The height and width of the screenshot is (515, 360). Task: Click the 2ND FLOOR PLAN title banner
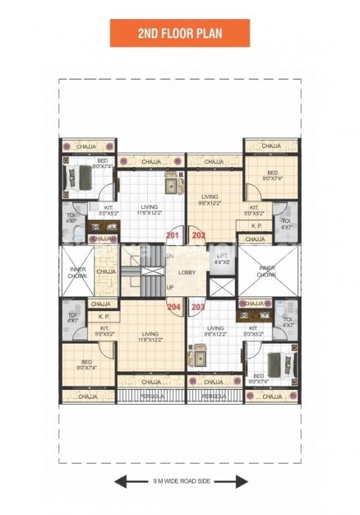tap(180, 33)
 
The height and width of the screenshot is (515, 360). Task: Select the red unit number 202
tap(198, 236)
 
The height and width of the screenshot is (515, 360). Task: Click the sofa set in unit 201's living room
tap(173, 182)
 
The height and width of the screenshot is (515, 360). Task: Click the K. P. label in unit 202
tap(257, 226)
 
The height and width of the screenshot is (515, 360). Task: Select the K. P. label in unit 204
tap(104, 316)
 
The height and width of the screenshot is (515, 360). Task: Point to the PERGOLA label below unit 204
tap(151, 396)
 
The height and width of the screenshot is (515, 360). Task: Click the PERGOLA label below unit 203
tap(214, 396)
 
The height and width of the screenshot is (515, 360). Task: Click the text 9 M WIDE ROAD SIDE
tap(180, 483)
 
